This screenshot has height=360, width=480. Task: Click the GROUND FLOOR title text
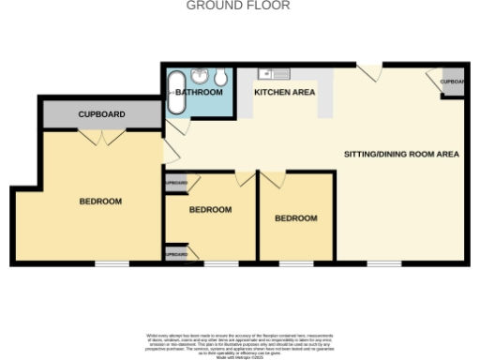point(239,6)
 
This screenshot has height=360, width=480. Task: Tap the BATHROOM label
point(199,93)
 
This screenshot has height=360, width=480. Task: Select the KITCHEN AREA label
point(284,93)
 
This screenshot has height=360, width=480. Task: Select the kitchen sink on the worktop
point(269,72)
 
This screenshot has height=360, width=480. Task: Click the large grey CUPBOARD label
point(100,114)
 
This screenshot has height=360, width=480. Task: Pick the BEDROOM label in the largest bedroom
point(99,202)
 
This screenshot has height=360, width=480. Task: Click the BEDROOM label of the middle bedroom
point(210,210)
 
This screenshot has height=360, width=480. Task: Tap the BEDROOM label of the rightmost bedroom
point(295,218)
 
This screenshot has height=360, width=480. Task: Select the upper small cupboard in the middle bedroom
point(176,182)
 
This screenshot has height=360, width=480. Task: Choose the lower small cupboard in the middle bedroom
point(176,253)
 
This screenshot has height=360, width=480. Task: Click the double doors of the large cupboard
point(101,138)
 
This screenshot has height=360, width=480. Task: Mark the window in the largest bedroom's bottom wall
point(112,264)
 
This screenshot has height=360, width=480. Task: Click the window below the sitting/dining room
point(383,264)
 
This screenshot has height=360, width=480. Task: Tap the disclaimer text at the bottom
point(240,344)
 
